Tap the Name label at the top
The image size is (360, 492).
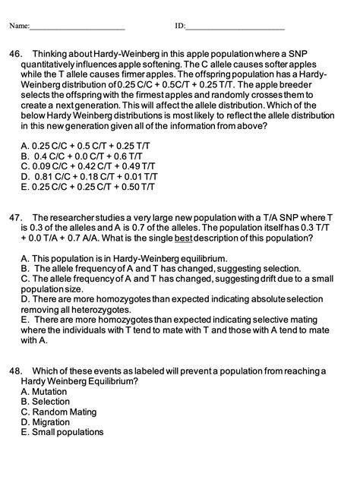(x=18, y=27)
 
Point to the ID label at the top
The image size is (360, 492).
(x=180, y=27)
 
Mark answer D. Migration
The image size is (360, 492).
(x=46, y=422)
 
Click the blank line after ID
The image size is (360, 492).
(x=235, y=28)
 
